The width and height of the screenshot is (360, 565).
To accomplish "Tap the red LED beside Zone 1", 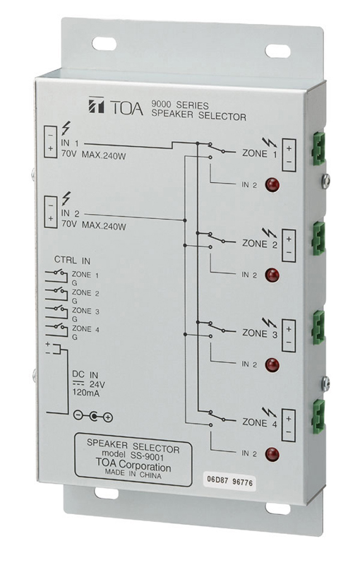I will (270, 186).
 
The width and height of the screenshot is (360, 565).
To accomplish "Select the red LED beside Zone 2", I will (270, 275).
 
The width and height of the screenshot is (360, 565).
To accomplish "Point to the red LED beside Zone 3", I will (270, 364).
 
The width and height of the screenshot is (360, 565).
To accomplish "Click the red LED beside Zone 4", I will (270, 454).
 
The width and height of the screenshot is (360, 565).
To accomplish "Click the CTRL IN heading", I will (68, 259).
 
